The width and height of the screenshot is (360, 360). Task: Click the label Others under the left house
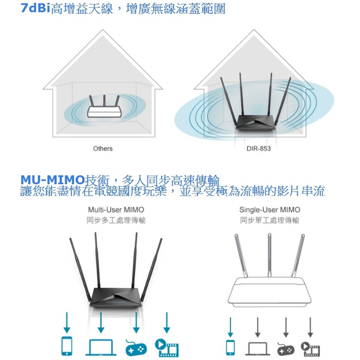tap(103, 149)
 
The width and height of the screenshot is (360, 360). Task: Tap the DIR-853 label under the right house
tap(259, 149)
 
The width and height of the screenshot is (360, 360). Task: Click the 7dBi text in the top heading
tap(36, 8)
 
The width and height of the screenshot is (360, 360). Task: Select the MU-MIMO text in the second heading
tap(53, 179)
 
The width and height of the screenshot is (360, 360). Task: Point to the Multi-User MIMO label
tap(116, 210)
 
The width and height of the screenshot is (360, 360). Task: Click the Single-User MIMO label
tap(270, 210)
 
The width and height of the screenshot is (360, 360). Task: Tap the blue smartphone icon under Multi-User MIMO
tap(67, 346)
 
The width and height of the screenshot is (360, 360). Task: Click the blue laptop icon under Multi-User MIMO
tap(101, 348)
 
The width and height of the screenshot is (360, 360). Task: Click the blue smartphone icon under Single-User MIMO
tap(230, 348)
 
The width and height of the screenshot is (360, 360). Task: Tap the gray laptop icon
tap(258, 348)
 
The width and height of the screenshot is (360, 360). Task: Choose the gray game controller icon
tap(286, 349)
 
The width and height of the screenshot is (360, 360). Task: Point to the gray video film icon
tap(310, 349)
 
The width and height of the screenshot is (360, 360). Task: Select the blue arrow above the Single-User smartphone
tap(230, 327)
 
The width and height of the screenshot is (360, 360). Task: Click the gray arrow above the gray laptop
tap(258, 327)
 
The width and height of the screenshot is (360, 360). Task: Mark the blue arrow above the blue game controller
tap(136, 323)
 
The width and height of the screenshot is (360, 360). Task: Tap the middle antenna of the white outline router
tap(270, 255)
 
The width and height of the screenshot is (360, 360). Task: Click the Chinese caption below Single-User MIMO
tap(270, 220)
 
